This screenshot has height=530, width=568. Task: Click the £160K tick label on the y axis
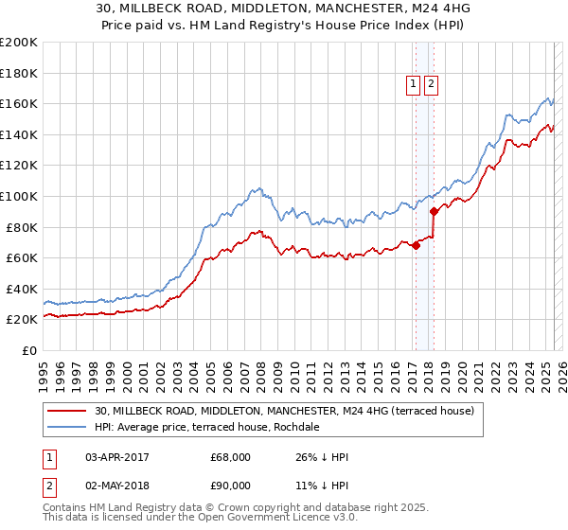click(x=19, y=103)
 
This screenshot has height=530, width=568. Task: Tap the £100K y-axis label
click(x=19, y=196)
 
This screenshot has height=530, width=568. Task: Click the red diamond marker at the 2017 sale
click(x=416, y=245)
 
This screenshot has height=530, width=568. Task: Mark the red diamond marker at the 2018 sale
click(x=434, y=211)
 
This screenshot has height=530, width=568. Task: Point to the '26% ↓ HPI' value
click(x=322, y=457)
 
